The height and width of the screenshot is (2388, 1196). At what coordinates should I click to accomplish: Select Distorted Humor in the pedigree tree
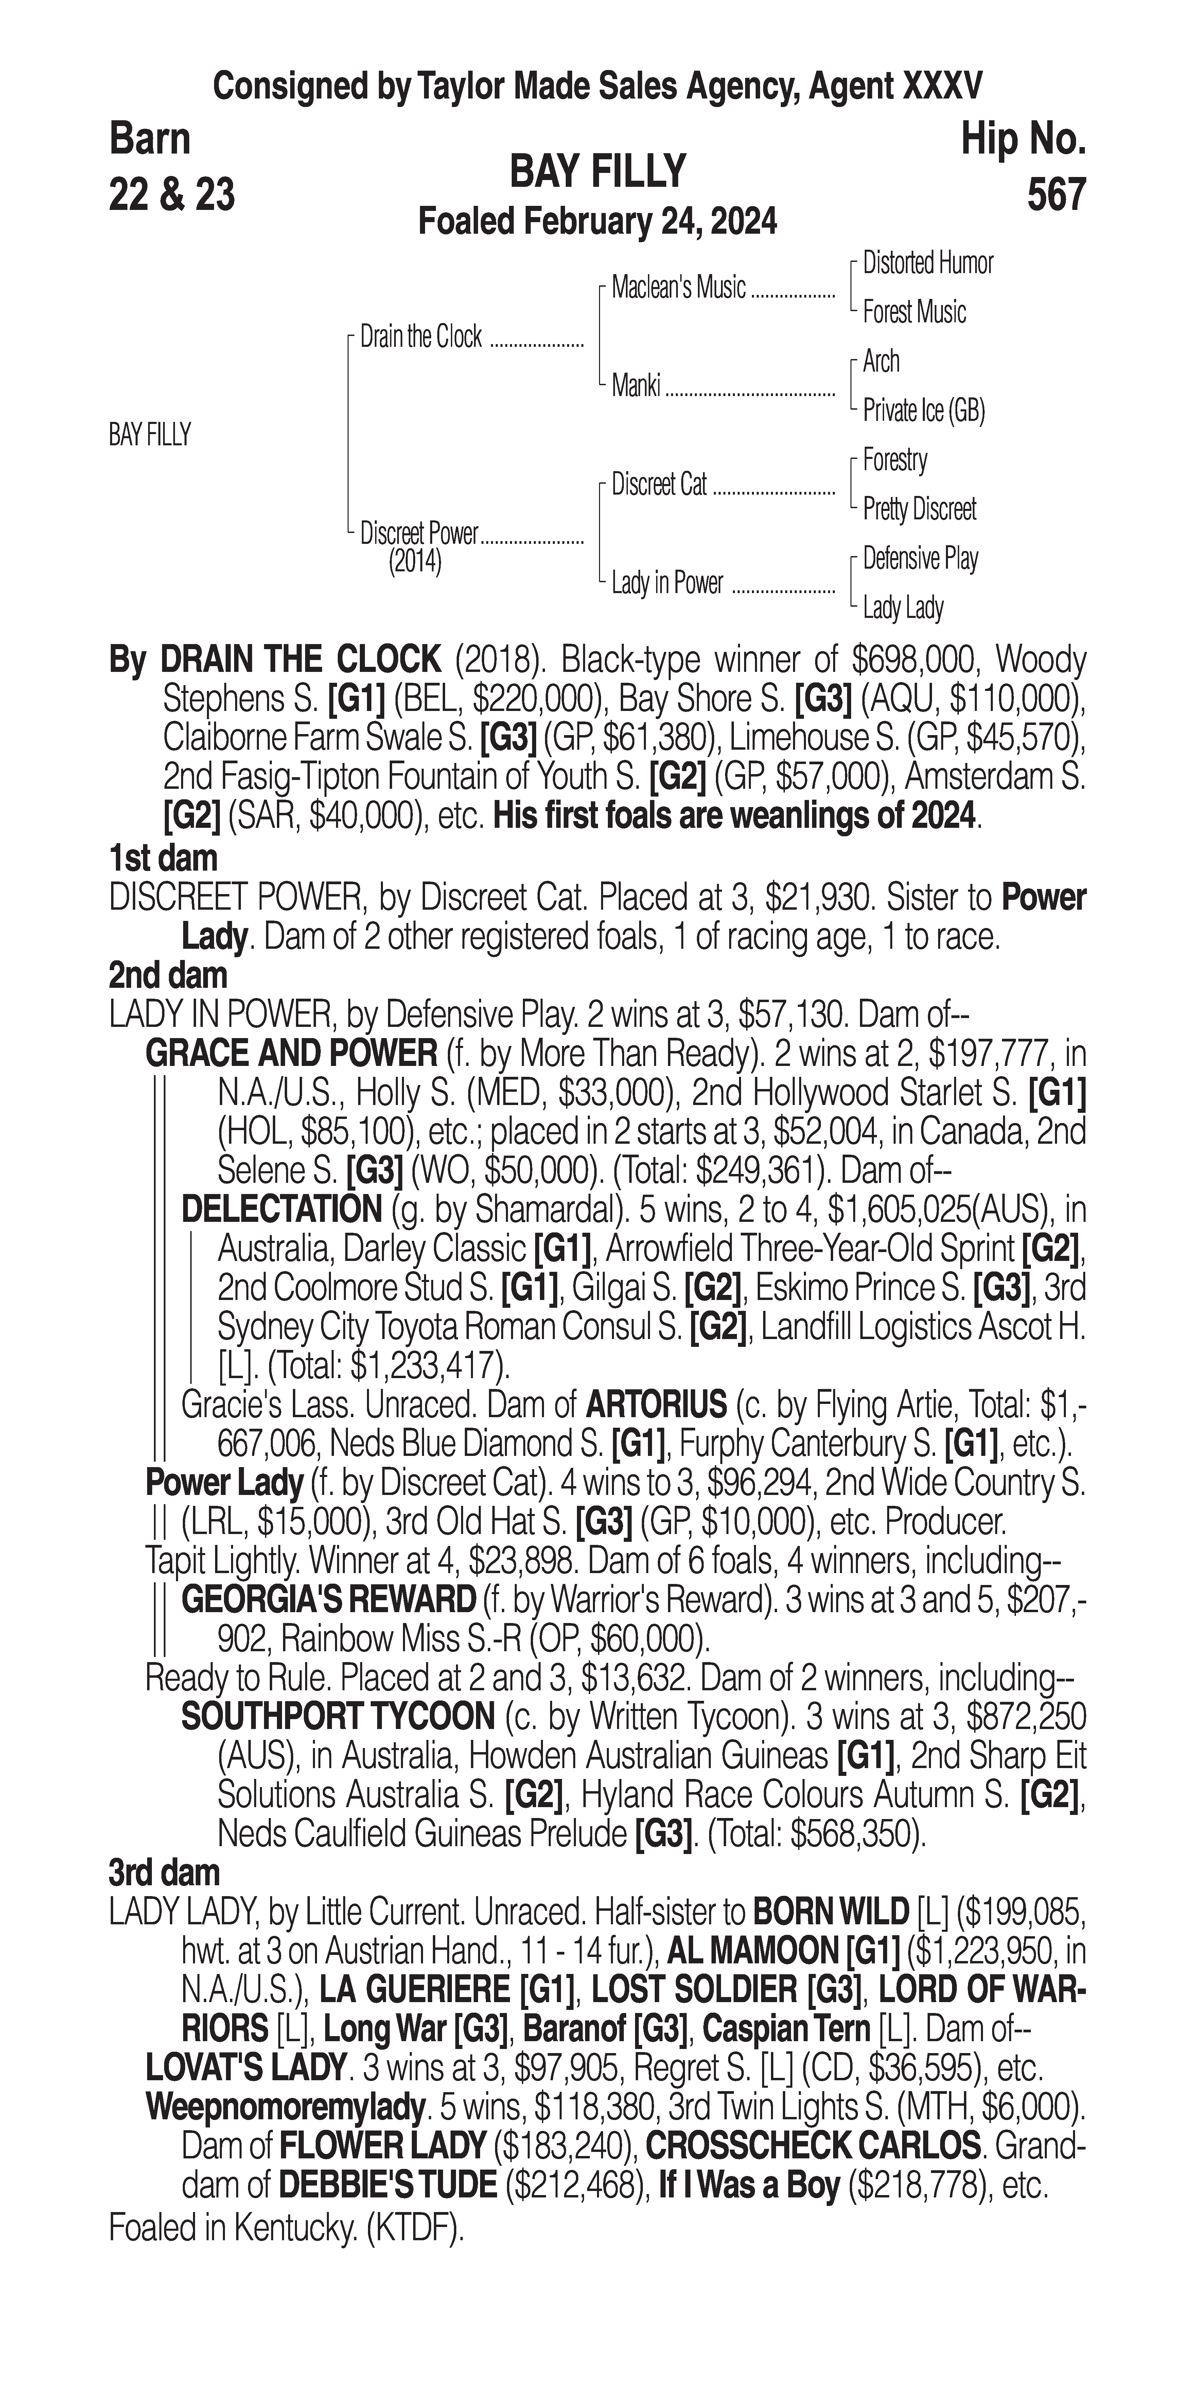click(927, 263)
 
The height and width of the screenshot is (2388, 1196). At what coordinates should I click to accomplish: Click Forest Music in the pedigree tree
click(914, 313)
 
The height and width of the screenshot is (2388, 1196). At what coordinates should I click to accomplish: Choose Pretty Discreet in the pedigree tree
click(919, 509)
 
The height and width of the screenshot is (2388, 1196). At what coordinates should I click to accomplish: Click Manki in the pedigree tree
click(636, 386)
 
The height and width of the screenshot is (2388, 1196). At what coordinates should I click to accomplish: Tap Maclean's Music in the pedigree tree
click(679, 288)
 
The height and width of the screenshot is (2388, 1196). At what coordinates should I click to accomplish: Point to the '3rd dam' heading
click(164, 1871)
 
